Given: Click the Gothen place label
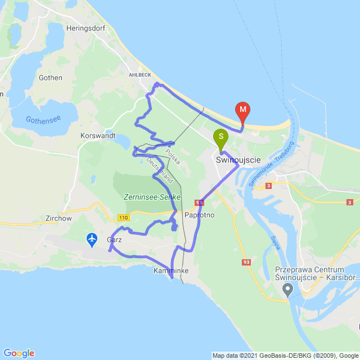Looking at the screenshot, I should [x=50, y=78].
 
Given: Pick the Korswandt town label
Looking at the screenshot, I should [x=98, y=136].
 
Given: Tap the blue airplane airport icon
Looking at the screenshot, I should [x=92, y=240].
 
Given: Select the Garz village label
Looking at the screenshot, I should [x=114, y=240].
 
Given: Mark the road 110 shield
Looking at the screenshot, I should [x=124, y=217].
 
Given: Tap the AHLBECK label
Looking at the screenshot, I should [x=139, y=73].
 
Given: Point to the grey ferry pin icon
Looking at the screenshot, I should [x=288, y=290].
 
